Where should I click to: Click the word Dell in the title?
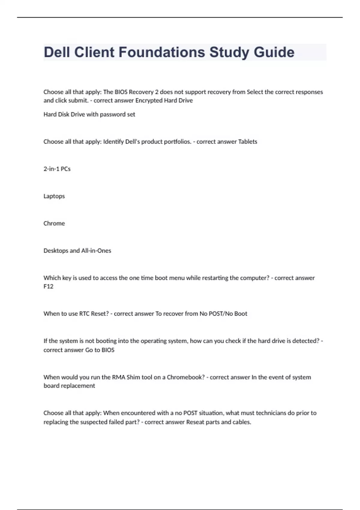[x=57, y=52]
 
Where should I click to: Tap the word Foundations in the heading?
[x=162, y=52]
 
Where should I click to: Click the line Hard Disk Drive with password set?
[x=89, y=114]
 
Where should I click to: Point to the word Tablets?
[x=247, y=142]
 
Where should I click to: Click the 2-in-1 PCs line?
[x=57, y=169]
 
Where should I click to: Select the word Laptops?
[x=54, y=196]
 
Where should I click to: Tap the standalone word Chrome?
[x=54, y=223]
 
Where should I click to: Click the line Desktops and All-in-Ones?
[x=77, y=251]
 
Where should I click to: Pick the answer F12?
[x=48, y=286]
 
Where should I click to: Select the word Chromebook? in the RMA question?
[x=186, y=377]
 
